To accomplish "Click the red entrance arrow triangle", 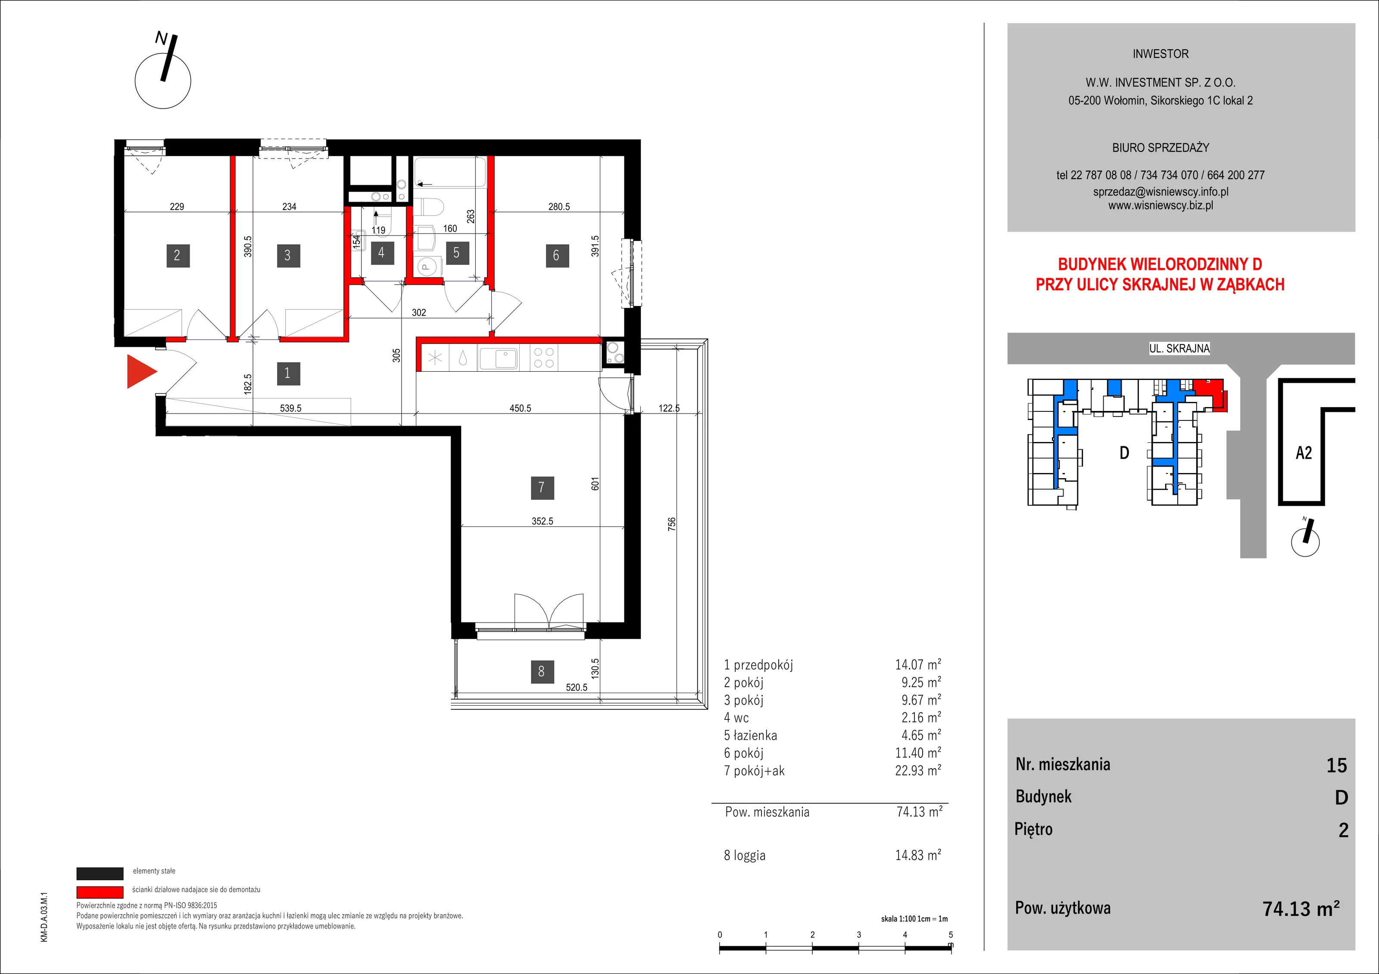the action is click(x=140, y=372).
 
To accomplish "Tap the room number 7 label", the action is click(x=542, y=488).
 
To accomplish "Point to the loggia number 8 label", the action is click(x=542, y=671).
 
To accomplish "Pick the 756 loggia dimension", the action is click(x=671, y=524).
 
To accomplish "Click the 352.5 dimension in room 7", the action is click(x=543, y=521).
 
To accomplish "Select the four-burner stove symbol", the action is click(x=544, y=358).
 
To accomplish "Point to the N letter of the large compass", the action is click(x=161, y=38).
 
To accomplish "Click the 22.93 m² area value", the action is click(x=918, y=770).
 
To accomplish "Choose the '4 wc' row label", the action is click(x=736, y=718).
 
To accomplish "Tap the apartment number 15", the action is click(x=1337, y=766).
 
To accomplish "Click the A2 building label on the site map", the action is click(x=1304, y=453).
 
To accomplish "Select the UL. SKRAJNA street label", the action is click(x=1179, y=348).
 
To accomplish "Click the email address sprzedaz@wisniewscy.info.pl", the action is click(x=1161, y=192).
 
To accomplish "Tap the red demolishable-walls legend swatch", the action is click(x=100, y=892).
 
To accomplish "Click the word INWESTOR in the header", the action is click(x=1161, y=54).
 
